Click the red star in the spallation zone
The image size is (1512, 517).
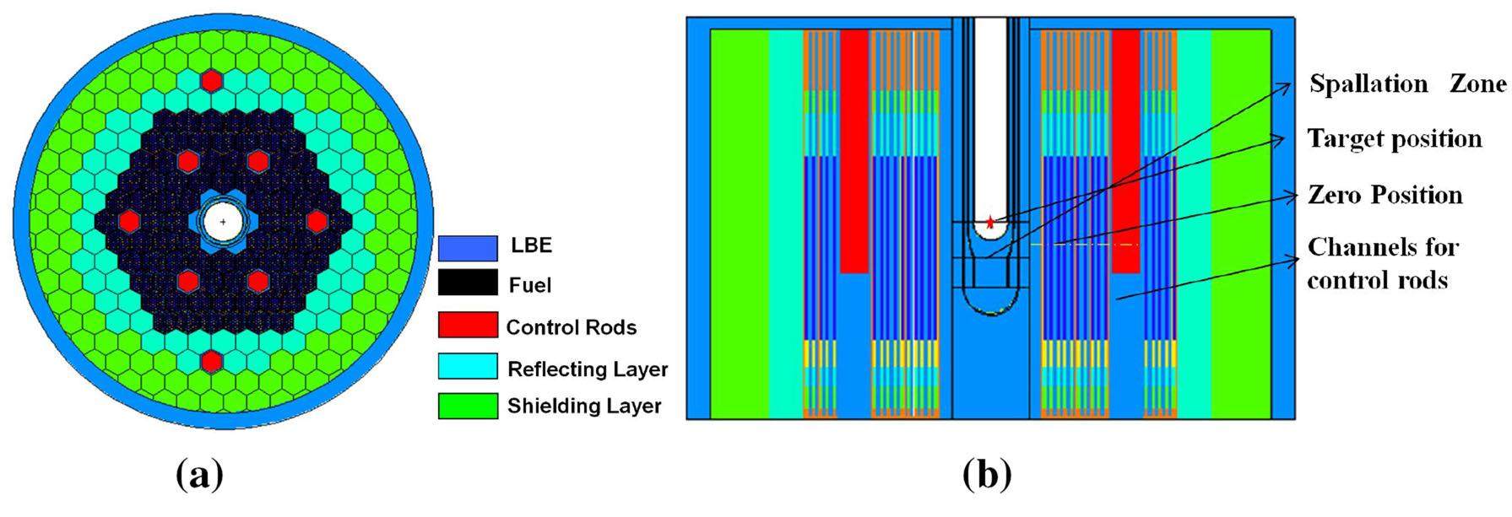(x=990, y=223)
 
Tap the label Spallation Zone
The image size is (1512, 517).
(x=1406, y=84)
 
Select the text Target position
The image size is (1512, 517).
(x=1394, y=138)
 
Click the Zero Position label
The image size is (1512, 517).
(x=1385, y=195)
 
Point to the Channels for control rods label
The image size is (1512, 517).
(x=1382, y=263)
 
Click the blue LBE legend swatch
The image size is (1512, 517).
(x=467, y=247)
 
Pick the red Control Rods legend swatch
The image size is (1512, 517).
(x=467, y=325)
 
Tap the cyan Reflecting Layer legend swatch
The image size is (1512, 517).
(x=467, y=366)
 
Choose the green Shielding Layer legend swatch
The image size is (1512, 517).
(x=467, y=406)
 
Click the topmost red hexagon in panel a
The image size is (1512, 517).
(x=211, y=81)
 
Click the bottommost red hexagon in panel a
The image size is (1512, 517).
(x=211, y=361)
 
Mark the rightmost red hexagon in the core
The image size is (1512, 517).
(x=317, y=221)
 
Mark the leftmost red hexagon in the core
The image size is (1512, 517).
(x=128, y=221)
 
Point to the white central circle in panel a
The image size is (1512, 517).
(x=224, y=222)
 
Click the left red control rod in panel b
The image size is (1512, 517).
(x=854, y=152)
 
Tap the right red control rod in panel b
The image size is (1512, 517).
(x=1125, y=152)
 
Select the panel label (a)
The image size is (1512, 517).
(x=200, y=476)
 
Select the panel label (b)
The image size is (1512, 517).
(x=986, y=476)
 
